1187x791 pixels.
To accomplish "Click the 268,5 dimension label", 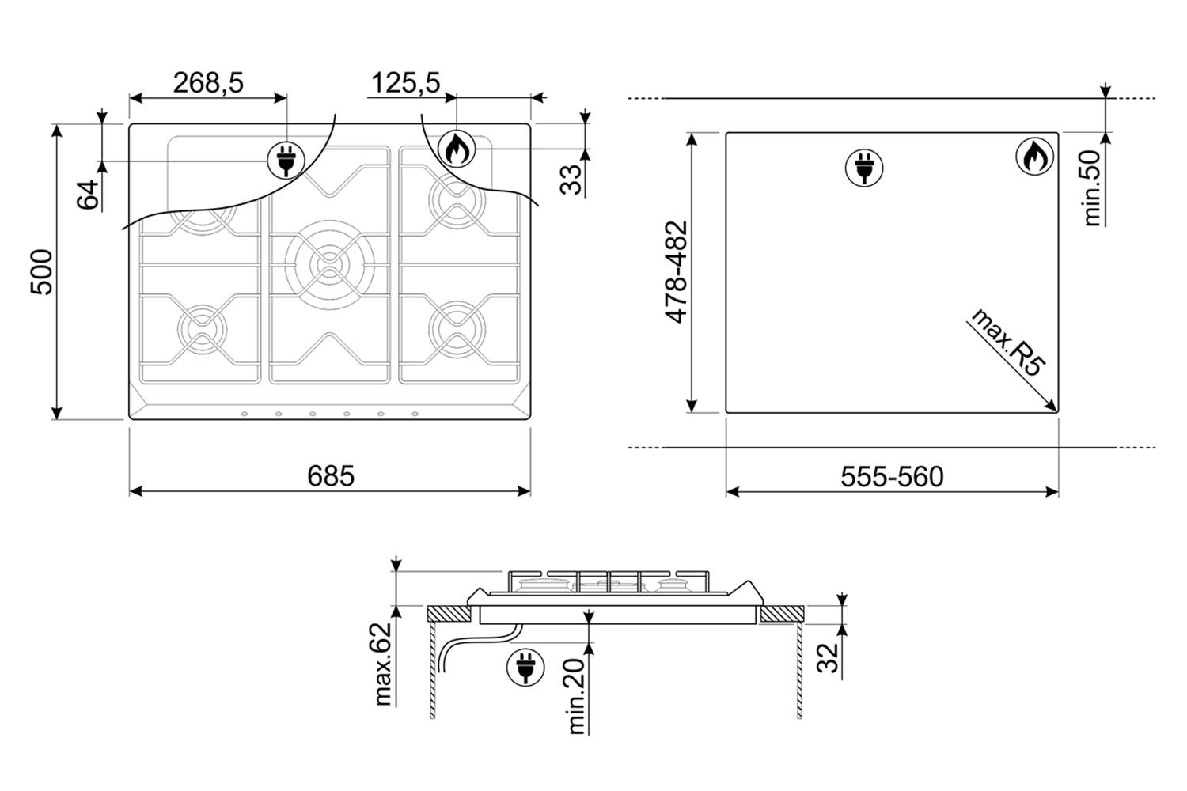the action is coord(208,83).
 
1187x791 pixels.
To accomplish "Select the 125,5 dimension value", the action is coord(405,83).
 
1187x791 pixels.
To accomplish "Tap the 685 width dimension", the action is coord(331,475).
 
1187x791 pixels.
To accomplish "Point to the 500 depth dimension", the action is coord(42,272).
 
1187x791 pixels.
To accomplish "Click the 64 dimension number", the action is coord(88,195).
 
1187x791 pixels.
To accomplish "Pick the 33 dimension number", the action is coord(571,180).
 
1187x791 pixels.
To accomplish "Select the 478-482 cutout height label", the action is coord(676,272).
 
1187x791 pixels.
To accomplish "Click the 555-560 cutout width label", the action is coord(893,476).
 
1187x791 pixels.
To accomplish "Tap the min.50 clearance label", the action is coord(1092,188).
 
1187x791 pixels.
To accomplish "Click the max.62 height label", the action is coord(382,664).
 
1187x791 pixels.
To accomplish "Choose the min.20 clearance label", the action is coord(576,696).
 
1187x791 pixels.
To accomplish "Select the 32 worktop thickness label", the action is coord(827,657).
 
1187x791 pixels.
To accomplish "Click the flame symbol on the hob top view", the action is coord(457,149).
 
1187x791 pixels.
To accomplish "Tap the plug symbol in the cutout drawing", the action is coord(864,168).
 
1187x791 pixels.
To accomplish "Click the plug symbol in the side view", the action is coord(525,667).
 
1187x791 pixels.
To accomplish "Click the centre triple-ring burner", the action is coord(330,265).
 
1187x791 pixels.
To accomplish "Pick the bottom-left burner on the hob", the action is coord(202,330).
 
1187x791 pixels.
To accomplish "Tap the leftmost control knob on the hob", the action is coord(245,414).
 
